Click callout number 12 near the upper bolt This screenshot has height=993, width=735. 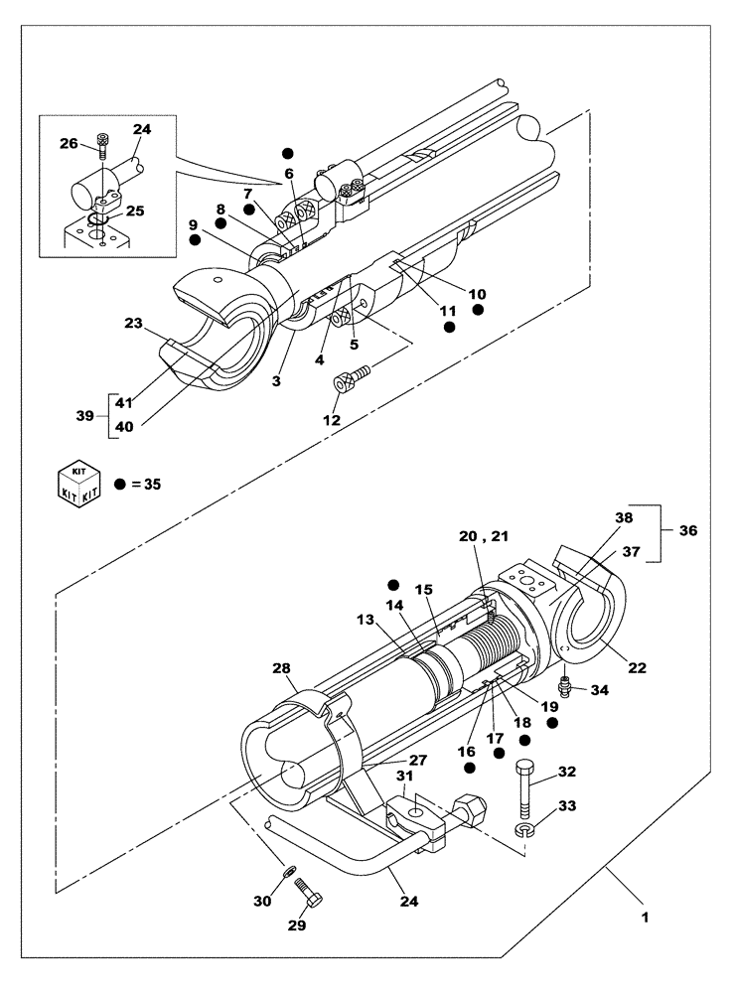tap(332, 420)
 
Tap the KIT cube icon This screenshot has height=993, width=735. tap(79, 483)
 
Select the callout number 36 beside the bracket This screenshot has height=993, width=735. tap(687, 531)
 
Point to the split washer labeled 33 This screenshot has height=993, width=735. tap(522, 827)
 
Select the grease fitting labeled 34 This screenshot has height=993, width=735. tap(565, 685)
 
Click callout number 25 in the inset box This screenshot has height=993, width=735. tap(135, 211)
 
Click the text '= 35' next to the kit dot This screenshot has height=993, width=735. tap(144, 485)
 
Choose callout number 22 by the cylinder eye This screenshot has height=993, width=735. tap(638, 667)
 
